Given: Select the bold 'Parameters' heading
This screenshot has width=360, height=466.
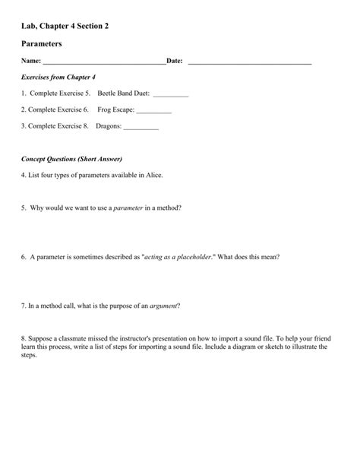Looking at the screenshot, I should click(46, 45).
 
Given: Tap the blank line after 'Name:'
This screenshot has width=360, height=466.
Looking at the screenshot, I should click(104, 62).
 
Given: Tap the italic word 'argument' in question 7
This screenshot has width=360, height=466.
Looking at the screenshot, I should click(163, 306).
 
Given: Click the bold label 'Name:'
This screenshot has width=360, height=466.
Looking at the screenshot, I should click(31, 62).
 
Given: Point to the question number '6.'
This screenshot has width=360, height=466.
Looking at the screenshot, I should click(24, 257).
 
